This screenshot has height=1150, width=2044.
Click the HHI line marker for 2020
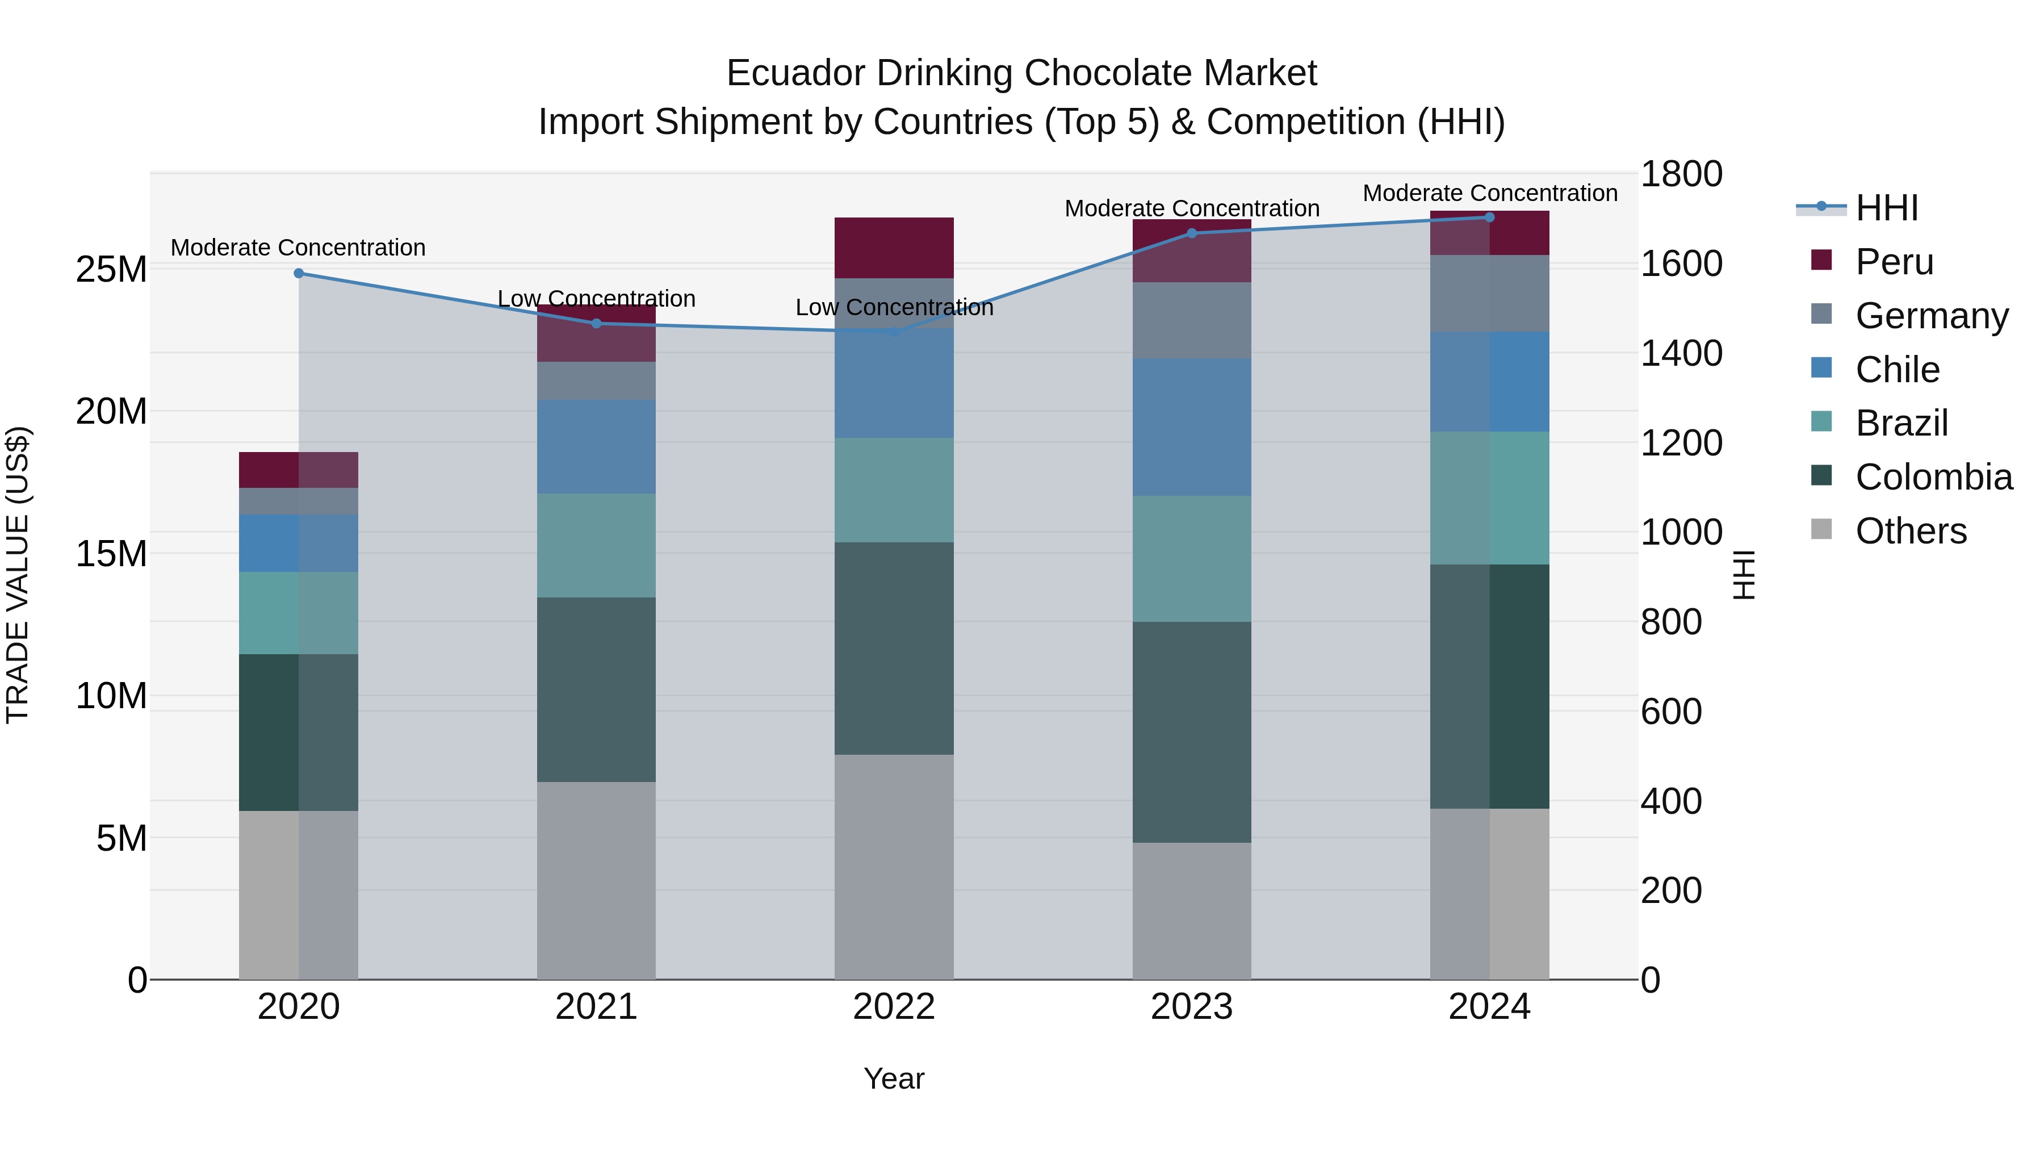298,273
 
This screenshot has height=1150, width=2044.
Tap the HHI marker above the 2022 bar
894,332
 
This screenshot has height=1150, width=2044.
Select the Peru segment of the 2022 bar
894,248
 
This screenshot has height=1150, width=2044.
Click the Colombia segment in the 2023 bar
1192,732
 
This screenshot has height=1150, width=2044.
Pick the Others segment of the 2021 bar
596,880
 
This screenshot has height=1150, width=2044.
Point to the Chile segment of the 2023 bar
1192,427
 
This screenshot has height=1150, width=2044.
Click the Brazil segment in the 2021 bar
596,545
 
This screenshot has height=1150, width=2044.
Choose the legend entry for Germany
1932,316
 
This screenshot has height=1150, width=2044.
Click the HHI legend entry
1886,208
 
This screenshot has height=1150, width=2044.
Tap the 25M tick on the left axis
111,270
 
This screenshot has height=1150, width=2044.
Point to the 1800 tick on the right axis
1681,174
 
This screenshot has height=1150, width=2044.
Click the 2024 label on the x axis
1489,1007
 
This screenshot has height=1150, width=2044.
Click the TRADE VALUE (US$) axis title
18,575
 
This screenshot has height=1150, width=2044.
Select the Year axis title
894,1078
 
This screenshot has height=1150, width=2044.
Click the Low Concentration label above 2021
596,299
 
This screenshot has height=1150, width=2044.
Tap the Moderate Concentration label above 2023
1192,209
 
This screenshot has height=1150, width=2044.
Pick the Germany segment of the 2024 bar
1489,293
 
